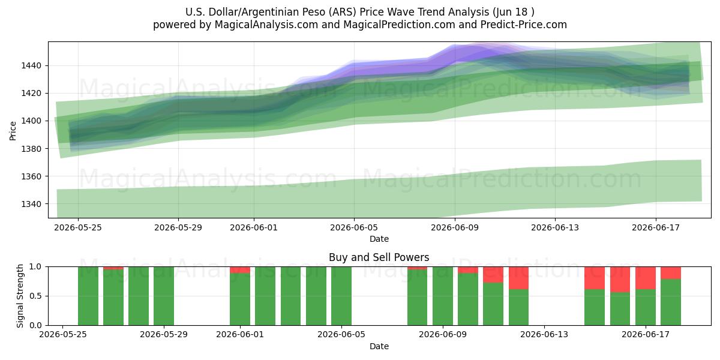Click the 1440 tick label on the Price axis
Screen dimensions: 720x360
pyautogui.click(x=31, y=66)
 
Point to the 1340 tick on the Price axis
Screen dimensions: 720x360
pyautogui.click(x=31, y=204)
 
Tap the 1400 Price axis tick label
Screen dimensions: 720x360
pyautogui.click(x=31, y=121)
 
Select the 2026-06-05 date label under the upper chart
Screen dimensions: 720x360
pyautogui.click(x=354, y=227)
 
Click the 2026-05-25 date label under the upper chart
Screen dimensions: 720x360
pyautogui.click(x=78, y=227)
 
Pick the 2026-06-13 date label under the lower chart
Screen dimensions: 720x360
pyautogui.click(x=544, y=335)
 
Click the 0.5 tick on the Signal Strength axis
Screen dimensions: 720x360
pyautogui.click(x=35, y=296)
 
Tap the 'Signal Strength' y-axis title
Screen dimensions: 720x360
pyautogui.click(x=20, y=296)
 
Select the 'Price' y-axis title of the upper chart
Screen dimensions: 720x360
pyautogui.click(x=13, y=131)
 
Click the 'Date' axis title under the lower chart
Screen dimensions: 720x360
pyautogui.click(x=379, y=346)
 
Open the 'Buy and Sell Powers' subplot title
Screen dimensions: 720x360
pyautogui.click(x=379, y=257)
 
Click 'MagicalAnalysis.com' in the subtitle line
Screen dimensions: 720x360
pyautogui.click(x=266, y=25)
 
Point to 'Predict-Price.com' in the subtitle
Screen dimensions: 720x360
pyautogui.click(x=524, y=25)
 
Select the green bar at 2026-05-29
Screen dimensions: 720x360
pyautogui.click(x=164, y=296)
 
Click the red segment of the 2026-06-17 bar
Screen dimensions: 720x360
pyautogui.click(x=646, y=278)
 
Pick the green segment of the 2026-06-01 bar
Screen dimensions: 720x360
pyautogui.click(x=240, y=299)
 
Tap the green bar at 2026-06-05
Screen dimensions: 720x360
pyautogui.click(x=341, y=296)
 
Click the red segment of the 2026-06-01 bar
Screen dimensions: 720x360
pyautogui.click(x=240, y=270)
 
